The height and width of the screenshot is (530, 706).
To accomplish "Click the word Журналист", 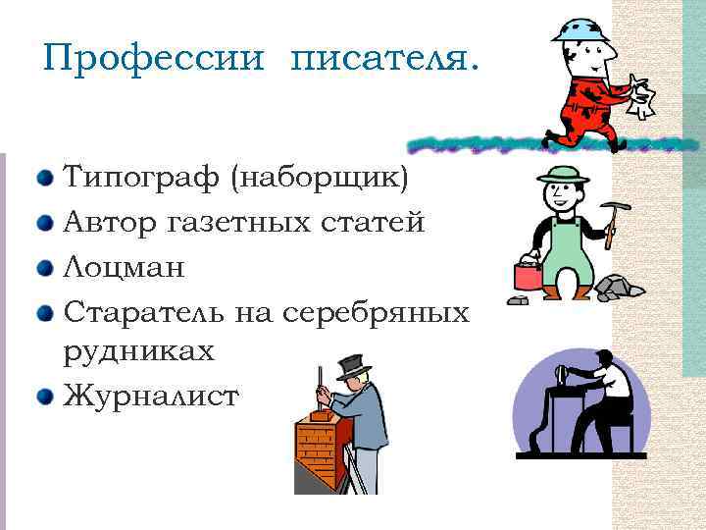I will click(150, 397).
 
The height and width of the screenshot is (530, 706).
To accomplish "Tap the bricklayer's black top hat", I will click(353, 366).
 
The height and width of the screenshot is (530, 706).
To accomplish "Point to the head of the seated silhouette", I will click(604, 360).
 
